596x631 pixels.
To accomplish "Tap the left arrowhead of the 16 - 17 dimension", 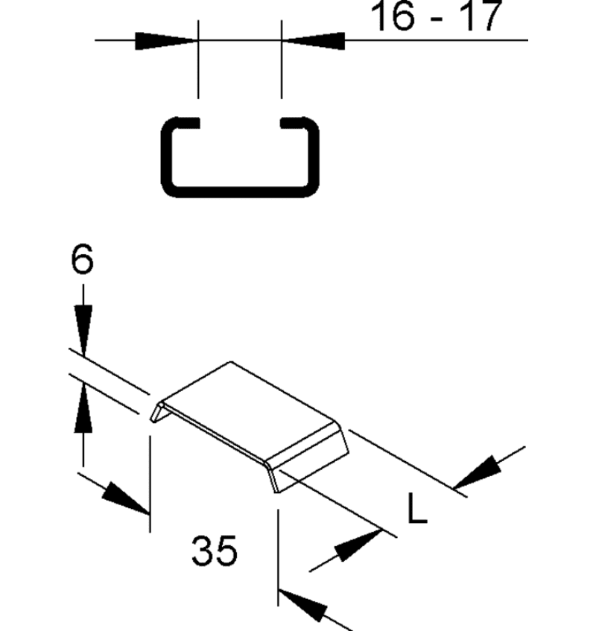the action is pyautogui.click(x=167, y=42).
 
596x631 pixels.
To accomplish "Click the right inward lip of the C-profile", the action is pyautogui.click(x=294, y=121).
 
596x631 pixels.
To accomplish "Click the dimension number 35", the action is pyautogui.click(x=215, y=553).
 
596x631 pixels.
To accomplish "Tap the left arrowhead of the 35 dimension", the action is pyautogui.click(x=124, y=498).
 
